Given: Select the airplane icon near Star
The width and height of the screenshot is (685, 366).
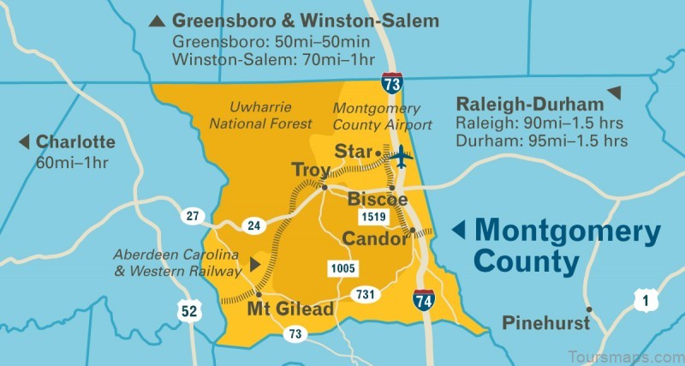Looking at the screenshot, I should click(400, 157).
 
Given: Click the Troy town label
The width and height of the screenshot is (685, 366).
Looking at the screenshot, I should click(311, 170).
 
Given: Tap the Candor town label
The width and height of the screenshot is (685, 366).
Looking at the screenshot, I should click(374, 238).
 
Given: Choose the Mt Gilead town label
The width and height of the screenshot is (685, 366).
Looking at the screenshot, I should click(290, 309).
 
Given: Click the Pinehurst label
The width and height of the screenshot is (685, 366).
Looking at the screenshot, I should click(546, 324).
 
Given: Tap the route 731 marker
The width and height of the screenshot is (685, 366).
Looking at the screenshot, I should click(366, 295).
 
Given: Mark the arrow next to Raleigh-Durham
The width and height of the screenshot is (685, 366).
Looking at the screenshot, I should click(614, 93).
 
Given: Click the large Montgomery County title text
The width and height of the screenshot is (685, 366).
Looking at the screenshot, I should click(567, 244).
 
